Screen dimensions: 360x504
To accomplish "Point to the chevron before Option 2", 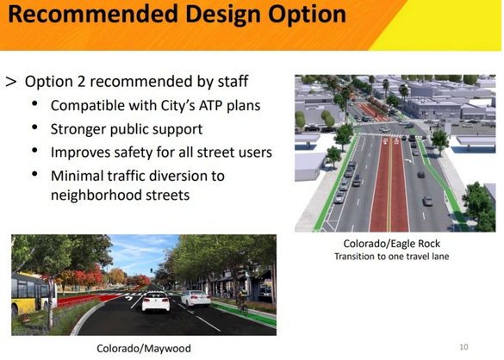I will click(x=11, y=83).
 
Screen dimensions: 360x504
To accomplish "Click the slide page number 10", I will click(x=464, y=346).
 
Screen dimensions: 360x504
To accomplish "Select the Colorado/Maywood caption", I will click(x=145, y=349).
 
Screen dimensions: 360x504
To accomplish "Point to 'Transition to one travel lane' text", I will click(x=392, y=257).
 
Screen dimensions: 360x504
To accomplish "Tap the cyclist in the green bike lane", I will click(x=244, y=301).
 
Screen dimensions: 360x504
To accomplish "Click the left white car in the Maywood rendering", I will click(x=154, y=303).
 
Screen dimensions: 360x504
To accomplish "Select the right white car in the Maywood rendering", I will click(x=194, y=301).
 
